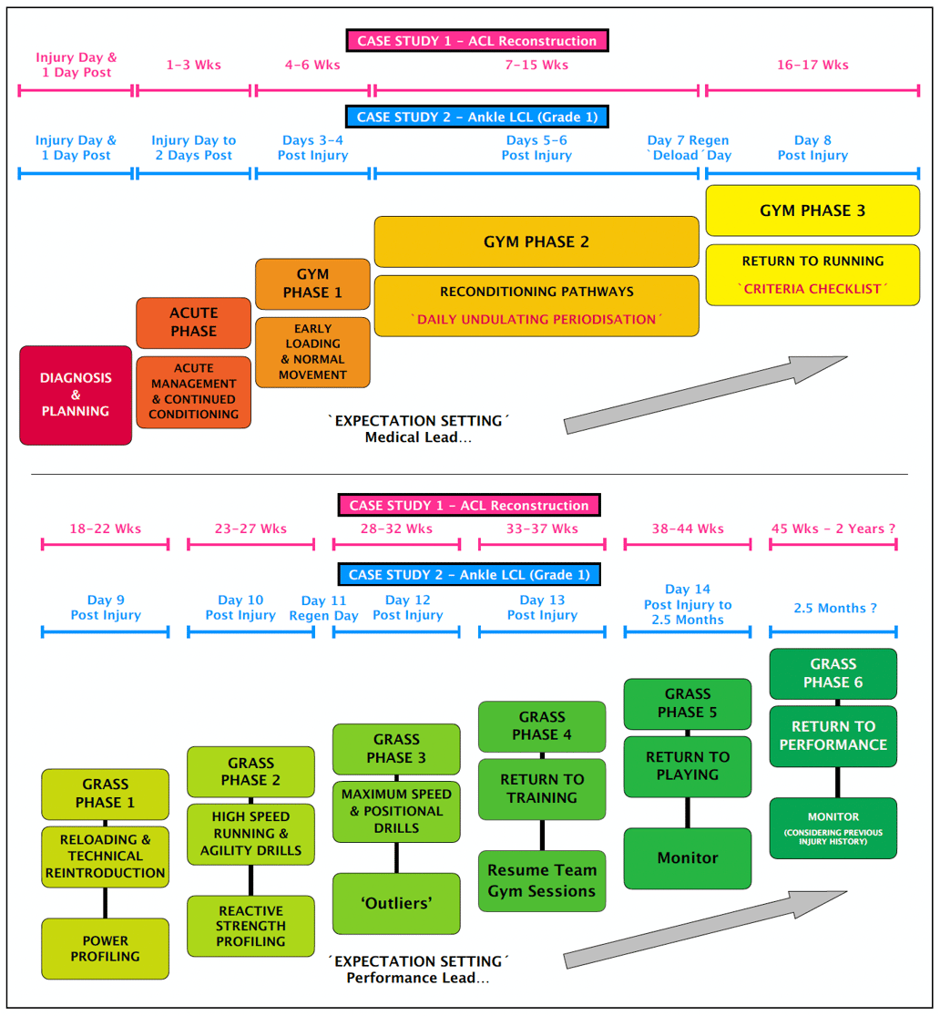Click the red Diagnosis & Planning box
click(x=76, y=395)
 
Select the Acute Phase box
click(x=193, y=323)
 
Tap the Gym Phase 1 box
click(x=312, y=283)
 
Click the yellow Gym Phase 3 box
click(x=812, y=210)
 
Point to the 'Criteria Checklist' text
click(x=812, y=289)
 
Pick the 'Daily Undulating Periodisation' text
click(x=536, y=320)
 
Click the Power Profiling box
click(x=106, y=949)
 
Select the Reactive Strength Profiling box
click(x=250, y=926)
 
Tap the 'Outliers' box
click(x=396, y=903)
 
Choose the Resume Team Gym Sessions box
click(x=542, y=881)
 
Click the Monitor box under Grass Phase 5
click(x=688, y=858)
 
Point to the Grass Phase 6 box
click(x=833, y=673)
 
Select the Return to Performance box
click(x=833, y=735)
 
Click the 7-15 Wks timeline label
click(x=536, y=66)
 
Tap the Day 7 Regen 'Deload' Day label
click(x=690, y=148)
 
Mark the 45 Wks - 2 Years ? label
click(x=833, y=529)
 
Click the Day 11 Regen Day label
click(x=324, y=608)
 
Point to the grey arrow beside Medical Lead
click(x=706, y=394)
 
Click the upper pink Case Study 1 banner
click(x=476, y=41)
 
